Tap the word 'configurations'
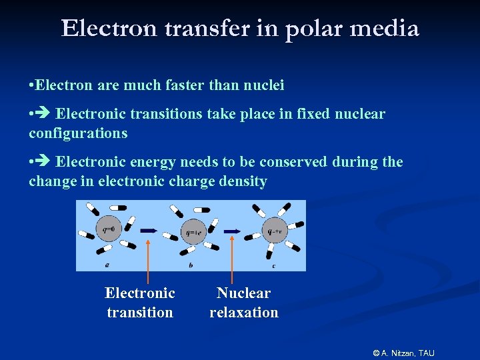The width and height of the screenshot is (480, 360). coord(78,133)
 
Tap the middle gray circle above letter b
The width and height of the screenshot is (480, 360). coord(192,233)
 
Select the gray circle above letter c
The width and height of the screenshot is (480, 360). coord(274,231)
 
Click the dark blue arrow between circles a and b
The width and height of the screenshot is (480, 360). coord(148,231)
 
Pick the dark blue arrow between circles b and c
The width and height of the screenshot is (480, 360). coord(232,231)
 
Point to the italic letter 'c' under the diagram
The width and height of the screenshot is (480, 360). coord(274,265)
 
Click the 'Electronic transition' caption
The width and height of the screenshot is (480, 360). coord(140,302)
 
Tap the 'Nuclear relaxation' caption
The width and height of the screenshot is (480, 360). coord(244,302)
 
